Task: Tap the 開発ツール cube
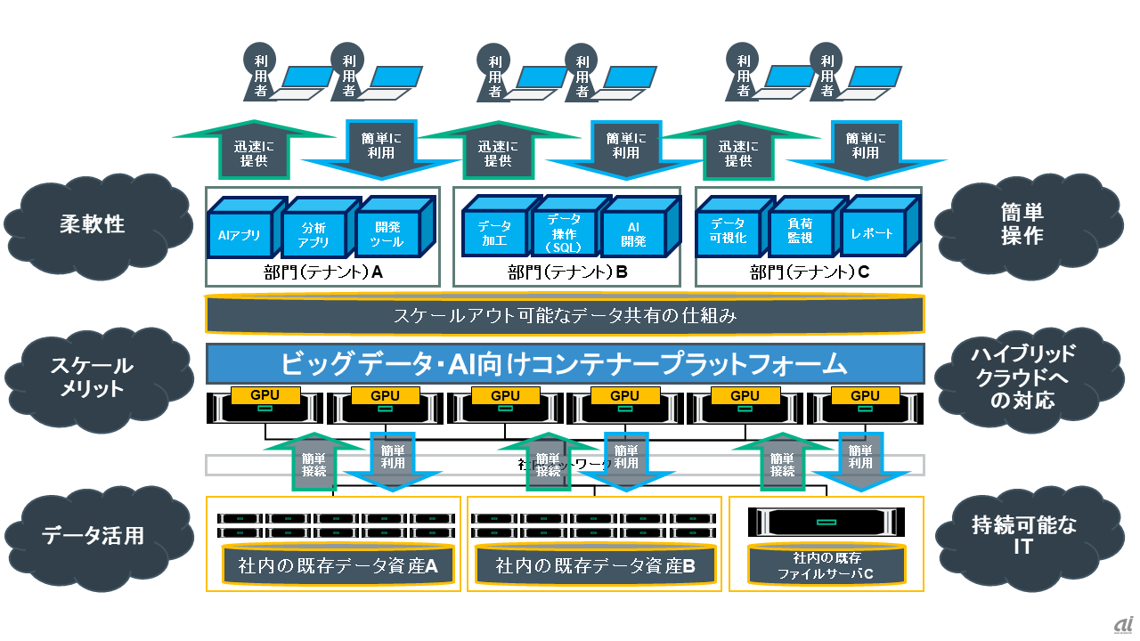[x=387, y=235]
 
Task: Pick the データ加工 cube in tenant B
[x=494, y=234]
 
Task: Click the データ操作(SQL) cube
[x=563, y=233]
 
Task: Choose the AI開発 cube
[x=633, y=234]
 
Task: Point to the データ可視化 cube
[x=728, y=233]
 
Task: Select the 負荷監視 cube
[x=801, y=233]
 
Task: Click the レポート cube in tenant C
[x=871, y=233]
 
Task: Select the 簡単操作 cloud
[x=1022, y=223]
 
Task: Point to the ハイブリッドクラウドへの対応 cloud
[x=1022, y=377]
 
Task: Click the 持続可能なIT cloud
[x=1022, y=535]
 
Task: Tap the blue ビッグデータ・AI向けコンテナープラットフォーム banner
[x=565, y=363]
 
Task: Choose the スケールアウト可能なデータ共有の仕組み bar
[x=565, y=314]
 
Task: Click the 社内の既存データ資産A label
[x=333, y=565]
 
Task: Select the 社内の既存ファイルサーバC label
[x=825, y=566]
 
